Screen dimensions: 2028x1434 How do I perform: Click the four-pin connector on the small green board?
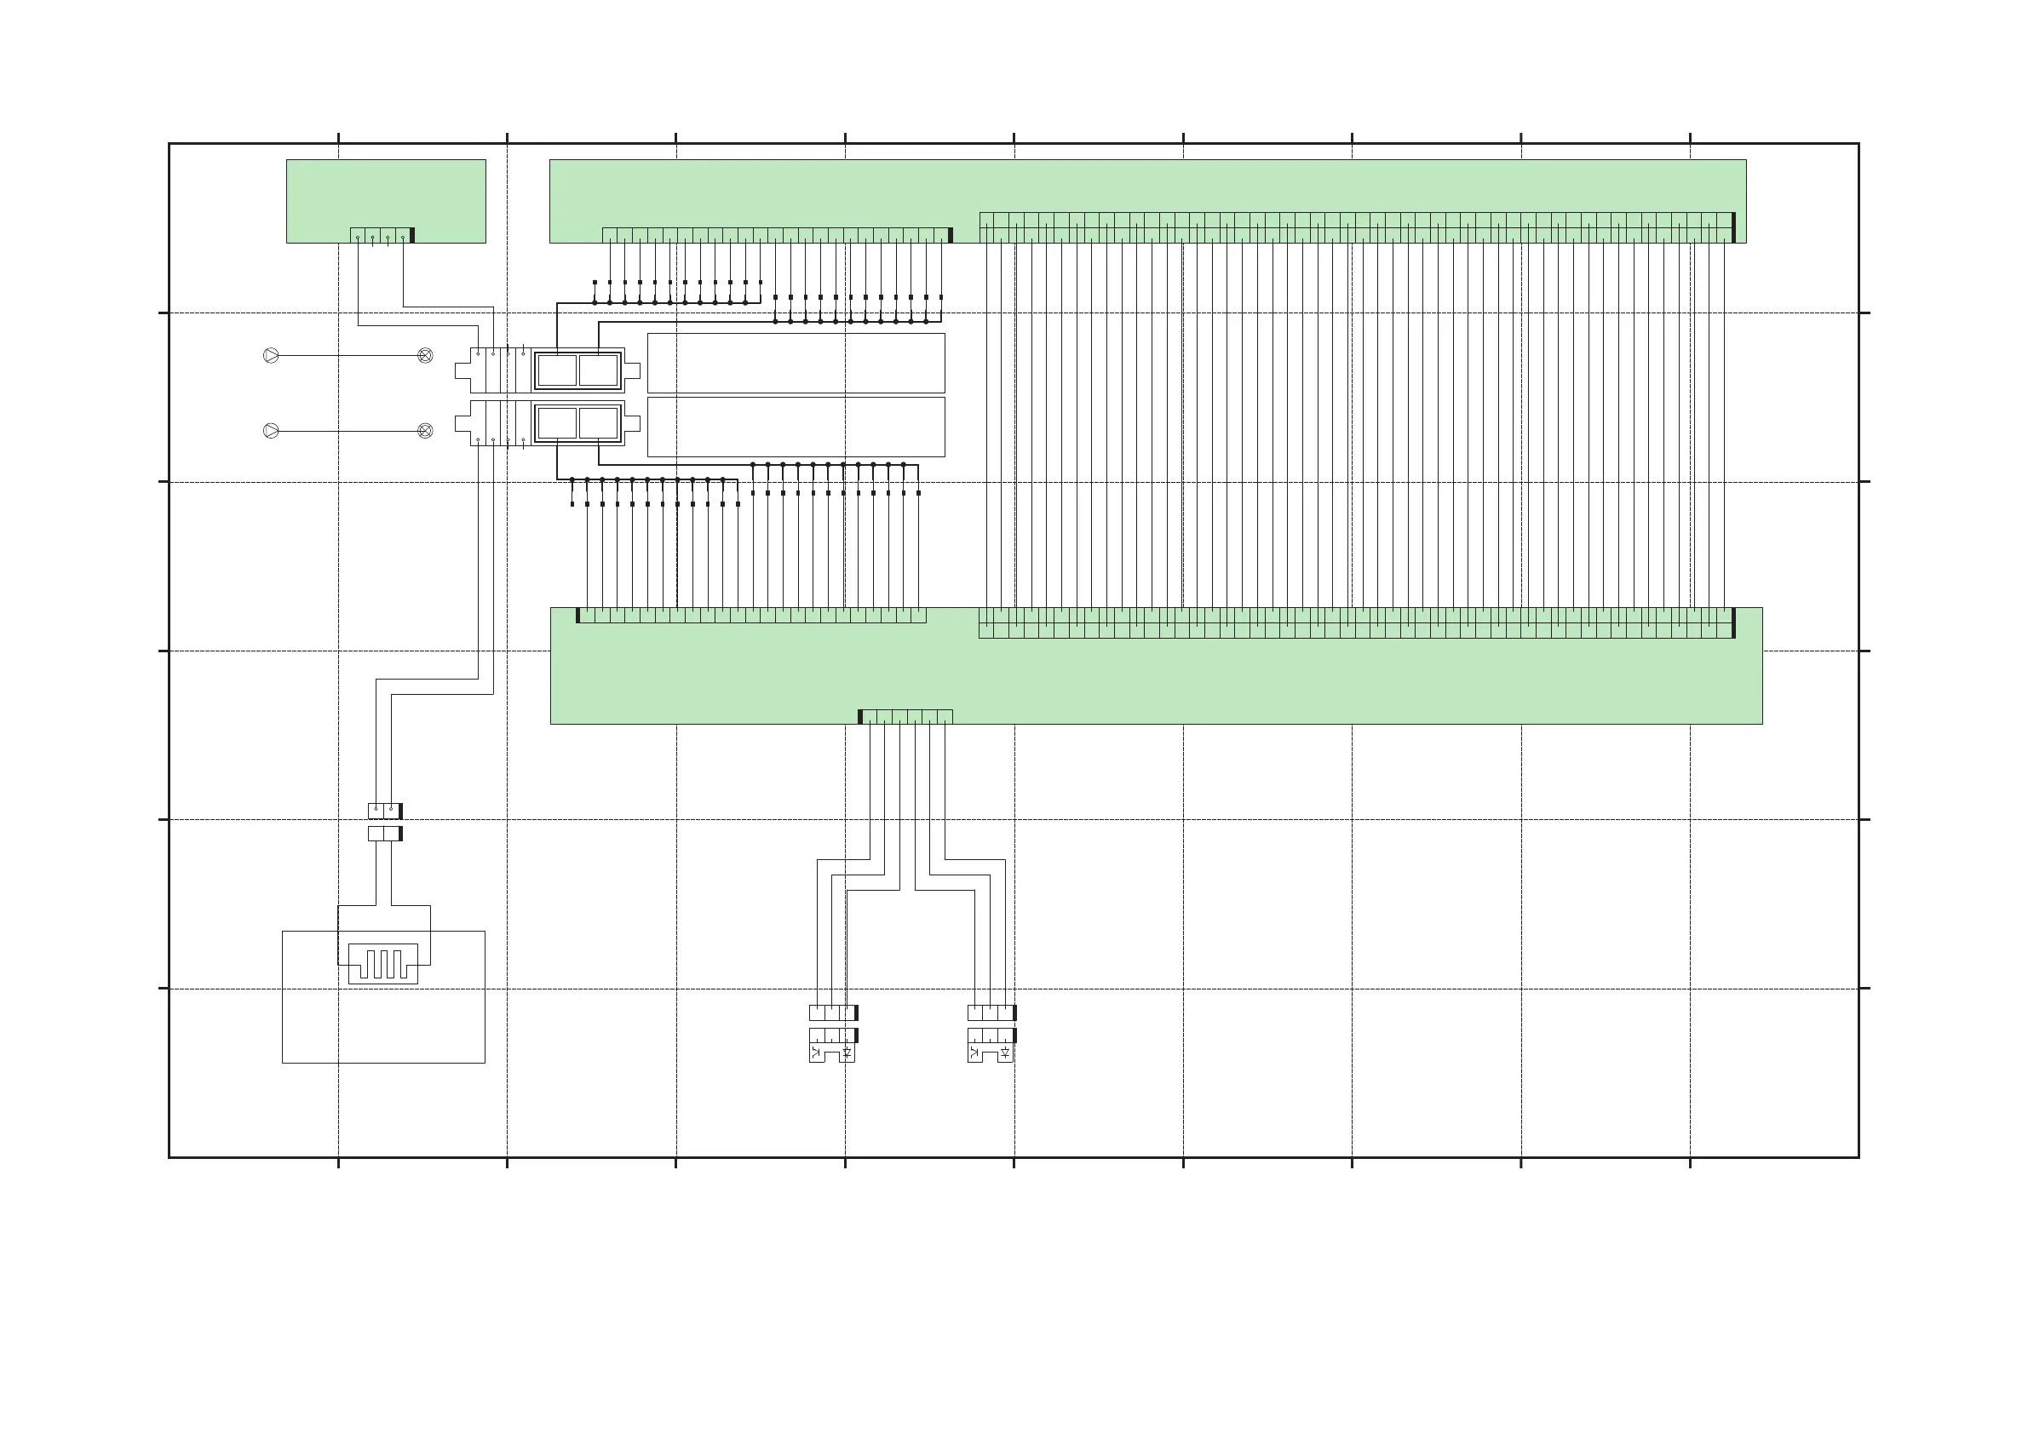(x=381, y=235)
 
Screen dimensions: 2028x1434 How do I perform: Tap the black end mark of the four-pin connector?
(x=412, y=235)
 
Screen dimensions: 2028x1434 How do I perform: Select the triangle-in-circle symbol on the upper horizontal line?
(x=271, y=356)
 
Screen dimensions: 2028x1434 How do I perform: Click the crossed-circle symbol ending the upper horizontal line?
(x=425, y=356)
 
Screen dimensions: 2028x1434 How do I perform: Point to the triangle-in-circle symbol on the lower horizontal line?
(x=271, y=431)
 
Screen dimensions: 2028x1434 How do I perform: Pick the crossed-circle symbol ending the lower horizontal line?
(x=425, y=431)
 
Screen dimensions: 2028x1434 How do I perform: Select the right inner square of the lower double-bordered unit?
(x=598, y=423)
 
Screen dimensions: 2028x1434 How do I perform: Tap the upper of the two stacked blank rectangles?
(x=796, y=363)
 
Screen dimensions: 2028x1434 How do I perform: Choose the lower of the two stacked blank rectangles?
(x=796, y=427)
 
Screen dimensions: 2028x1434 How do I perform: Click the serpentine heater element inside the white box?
(x=383, y=963)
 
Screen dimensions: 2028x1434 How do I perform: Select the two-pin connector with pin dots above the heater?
(x=384, y=811)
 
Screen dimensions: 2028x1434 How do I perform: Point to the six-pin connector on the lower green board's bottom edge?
(x=906, y=716)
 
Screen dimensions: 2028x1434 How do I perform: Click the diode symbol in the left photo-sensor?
(x=847, y=1053)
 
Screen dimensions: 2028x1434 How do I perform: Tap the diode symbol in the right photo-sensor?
(x=1005, y=1053)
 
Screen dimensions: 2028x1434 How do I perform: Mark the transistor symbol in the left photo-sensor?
(x=816, y=1053)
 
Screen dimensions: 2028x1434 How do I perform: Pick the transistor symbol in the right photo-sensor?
(x=974, y=1053)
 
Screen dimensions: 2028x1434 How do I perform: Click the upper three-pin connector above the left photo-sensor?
(x=832, y=1012)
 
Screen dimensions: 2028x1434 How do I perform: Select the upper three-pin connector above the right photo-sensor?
(x=991, y=1012)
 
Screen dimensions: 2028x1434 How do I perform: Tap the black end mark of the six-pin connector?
(x=860, y=716)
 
